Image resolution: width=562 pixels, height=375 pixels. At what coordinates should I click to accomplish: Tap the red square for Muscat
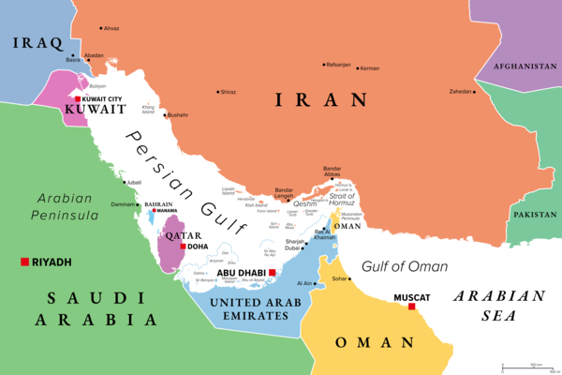(x=411, y=307)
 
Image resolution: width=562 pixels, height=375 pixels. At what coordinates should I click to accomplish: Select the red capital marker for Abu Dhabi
(x=272, y=273)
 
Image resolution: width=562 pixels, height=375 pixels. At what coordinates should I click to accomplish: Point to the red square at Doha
(x=182, y=247)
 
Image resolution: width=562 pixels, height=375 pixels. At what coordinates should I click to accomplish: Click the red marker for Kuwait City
(x=78, y=98)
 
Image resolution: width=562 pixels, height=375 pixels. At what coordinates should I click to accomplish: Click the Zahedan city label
(x=462, y=92)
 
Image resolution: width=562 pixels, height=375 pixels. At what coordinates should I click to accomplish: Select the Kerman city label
(x=371, y=68)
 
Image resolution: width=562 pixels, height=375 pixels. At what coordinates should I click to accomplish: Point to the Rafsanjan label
(x=337, y=65)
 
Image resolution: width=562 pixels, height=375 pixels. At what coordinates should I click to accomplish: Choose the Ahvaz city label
(x=111, y=29)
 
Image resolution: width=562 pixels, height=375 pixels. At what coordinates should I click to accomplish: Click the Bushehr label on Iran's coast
(x=180, y=115)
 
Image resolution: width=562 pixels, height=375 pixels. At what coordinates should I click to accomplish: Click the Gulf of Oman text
(x=405, y=266)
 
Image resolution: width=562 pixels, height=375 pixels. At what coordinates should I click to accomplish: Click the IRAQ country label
(x=37, y=43)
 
